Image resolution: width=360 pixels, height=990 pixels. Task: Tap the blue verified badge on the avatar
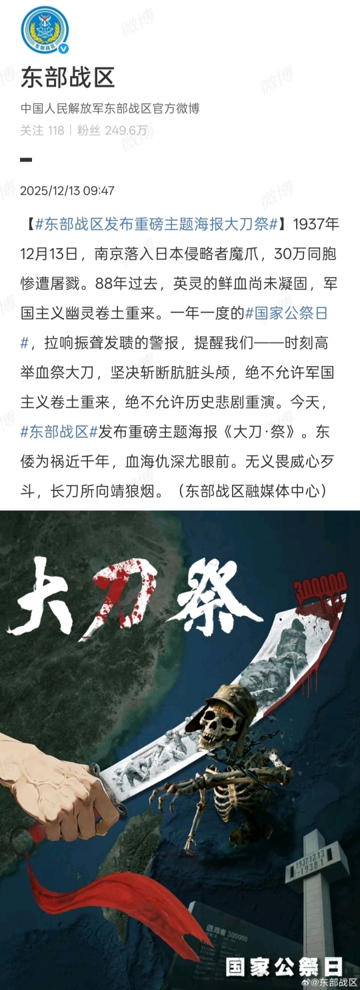point(63,49)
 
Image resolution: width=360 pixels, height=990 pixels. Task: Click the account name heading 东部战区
point(67,78)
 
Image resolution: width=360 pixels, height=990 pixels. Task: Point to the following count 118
point(56,131)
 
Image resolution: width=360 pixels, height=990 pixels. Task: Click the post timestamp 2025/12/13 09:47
point(67,191)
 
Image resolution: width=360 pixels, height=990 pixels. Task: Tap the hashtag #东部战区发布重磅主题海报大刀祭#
point(157,225)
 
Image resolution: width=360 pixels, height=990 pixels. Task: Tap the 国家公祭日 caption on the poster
point(284,966)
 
